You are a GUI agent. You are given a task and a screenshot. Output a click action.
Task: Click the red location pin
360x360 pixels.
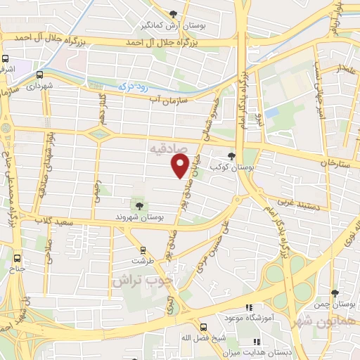pyautogui.click(x=180, y=166)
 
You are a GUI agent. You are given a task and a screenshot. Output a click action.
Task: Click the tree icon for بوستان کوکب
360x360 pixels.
pyautogui.click(x=231, y=156)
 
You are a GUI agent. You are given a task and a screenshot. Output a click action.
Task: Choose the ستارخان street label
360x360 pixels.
pyautogui.click(x=335, y=162)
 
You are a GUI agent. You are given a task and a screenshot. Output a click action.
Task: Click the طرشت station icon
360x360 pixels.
pyautogui.click(x=143, y=250)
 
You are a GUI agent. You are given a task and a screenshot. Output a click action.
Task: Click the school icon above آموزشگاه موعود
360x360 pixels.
pyautogui.click(x=247, y=307)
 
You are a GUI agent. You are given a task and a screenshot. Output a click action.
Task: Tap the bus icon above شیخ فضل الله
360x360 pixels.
pyautogui.click(x=202, y=327)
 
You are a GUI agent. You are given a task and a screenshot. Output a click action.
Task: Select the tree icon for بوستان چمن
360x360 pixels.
pyautogui.click(x=334, y=292)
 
